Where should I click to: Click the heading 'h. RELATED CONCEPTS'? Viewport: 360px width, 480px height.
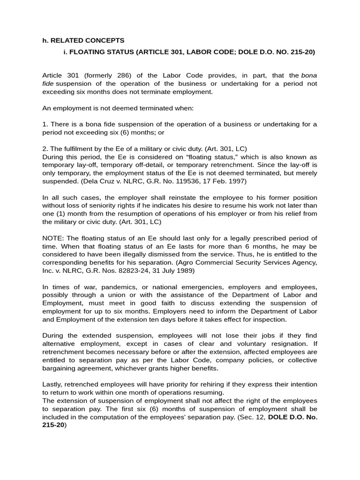point(83,40)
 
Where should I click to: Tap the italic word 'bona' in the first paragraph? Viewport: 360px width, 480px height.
point(309,75)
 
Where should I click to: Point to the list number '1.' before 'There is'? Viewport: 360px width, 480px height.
point(45,124)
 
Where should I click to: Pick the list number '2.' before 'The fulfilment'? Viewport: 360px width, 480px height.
point(45,149)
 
